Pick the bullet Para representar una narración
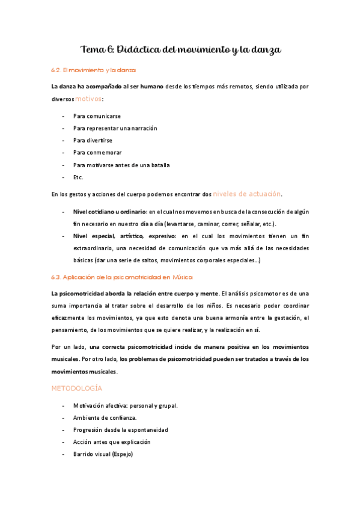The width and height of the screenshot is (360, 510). click(115, 127)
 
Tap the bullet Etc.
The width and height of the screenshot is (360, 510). click(78, 177)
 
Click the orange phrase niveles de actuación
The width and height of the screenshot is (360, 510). click(247, 194)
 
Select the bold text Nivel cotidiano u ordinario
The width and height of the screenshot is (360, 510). click(109, 211)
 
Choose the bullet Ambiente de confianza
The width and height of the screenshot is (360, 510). click(105, 417)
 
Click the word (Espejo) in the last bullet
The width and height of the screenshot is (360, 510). click(120, 454)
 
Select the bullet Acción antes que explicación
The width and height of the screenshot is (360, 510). click(111, 442)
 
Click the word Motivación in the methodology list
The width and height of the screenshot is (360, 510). click(88, 405)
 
